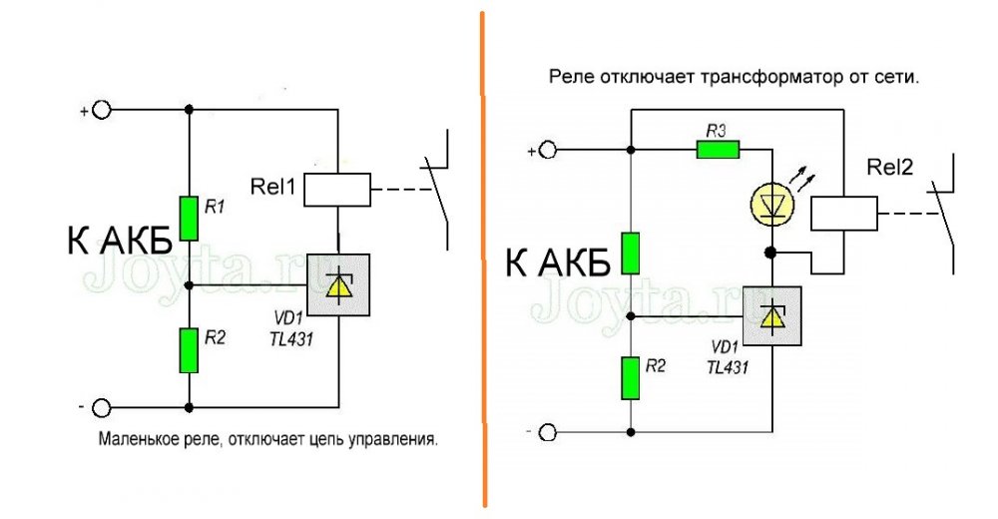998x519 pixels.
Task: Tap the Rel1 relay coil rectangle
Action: (x=337, y=188)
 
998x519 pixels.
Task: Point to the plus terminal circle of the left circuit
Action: (x=101, y=109)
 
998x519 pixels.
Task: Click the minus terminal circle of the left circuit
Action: (x=101, y=408)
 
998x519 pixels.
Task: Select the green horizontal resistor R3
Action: (x=717, y=151)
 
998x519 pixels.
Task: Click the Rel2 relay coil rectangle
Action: (x=843, y=212)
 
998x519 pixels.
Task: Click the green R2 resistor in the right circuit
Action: (x=629, y=377)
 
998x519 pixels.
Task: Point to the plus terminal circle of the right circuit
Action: (x=547, y=151)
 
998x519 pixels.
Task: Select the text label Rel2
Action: (x=891, y=169)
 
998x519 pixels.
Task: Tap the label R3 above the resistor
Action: (x=716, y=130)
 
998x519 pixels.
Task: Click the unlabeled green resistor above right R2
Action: (x=629, y=254)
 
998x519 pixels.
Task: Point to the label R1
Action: (x=214, y=208)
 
